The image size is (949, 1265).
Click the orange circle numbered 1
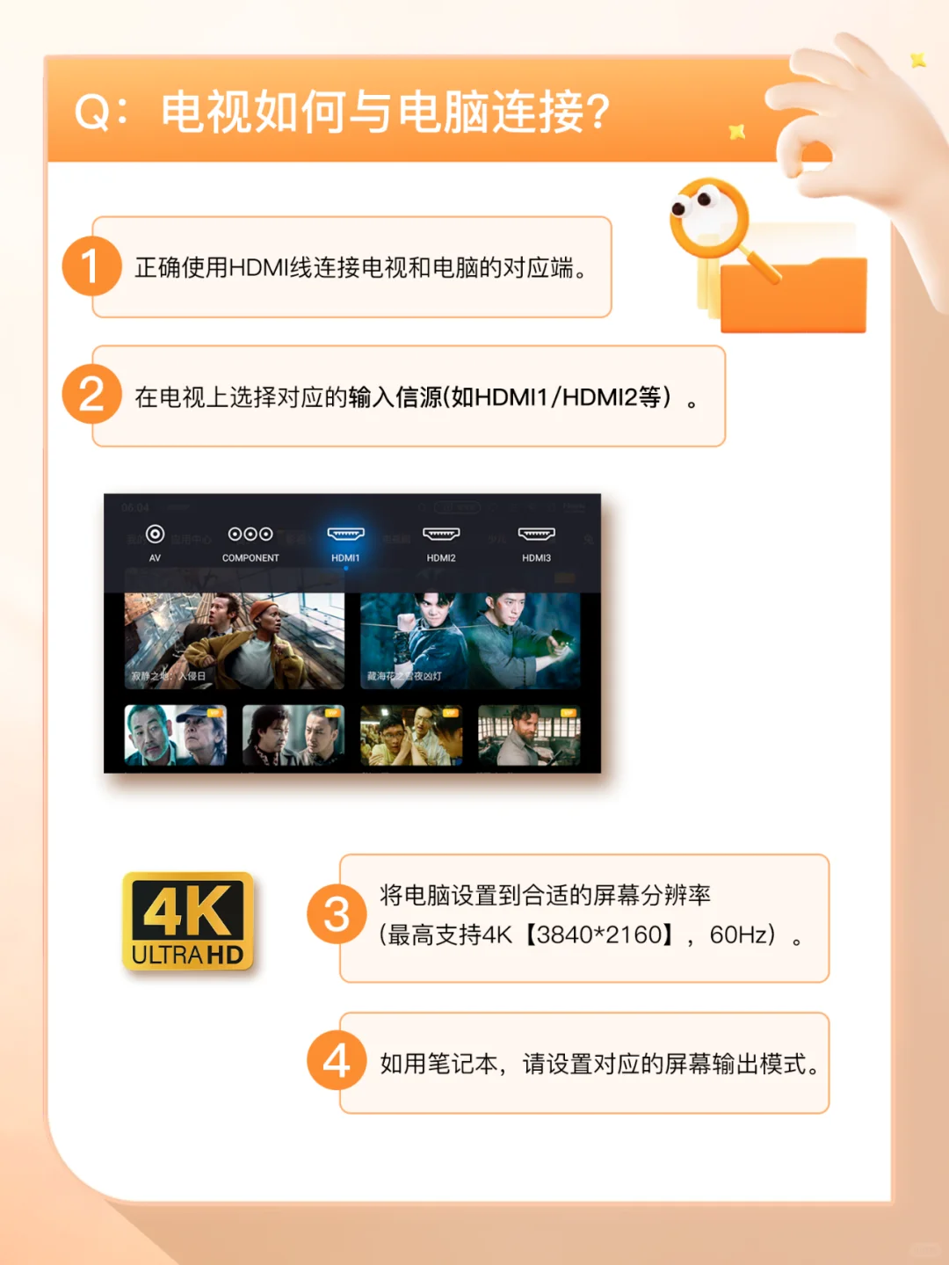pos(91,266)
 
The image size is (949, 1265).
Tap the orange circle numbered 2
pos(91,395)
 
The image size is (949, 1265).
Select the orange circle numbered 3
pos(337,914)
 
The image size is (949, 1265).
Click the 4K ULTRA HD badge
pos(188,921)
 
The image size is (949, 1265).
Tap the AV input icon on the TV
pos(155,534)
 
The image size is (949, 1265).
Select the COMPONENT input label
pos(250,558)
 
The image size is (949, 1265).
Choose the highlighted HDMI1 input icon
pos(345,534)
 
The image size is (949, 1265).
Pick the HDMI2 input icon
pos(441,534)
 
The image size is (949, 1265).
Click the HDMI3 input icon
pos(536,534)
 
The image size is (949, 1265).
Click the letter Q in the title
pos(91,113)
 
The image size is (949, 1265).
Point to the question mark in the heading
pos(598,113)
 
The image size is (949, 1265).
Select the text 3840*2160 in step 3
pos(605,934)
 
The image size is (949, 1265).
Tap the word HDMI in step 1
pos(258,267)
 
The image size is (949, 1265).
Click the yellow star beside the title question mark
pos(736,133)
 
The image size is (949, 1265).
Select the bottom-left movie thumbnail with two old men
pos(176,735)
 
